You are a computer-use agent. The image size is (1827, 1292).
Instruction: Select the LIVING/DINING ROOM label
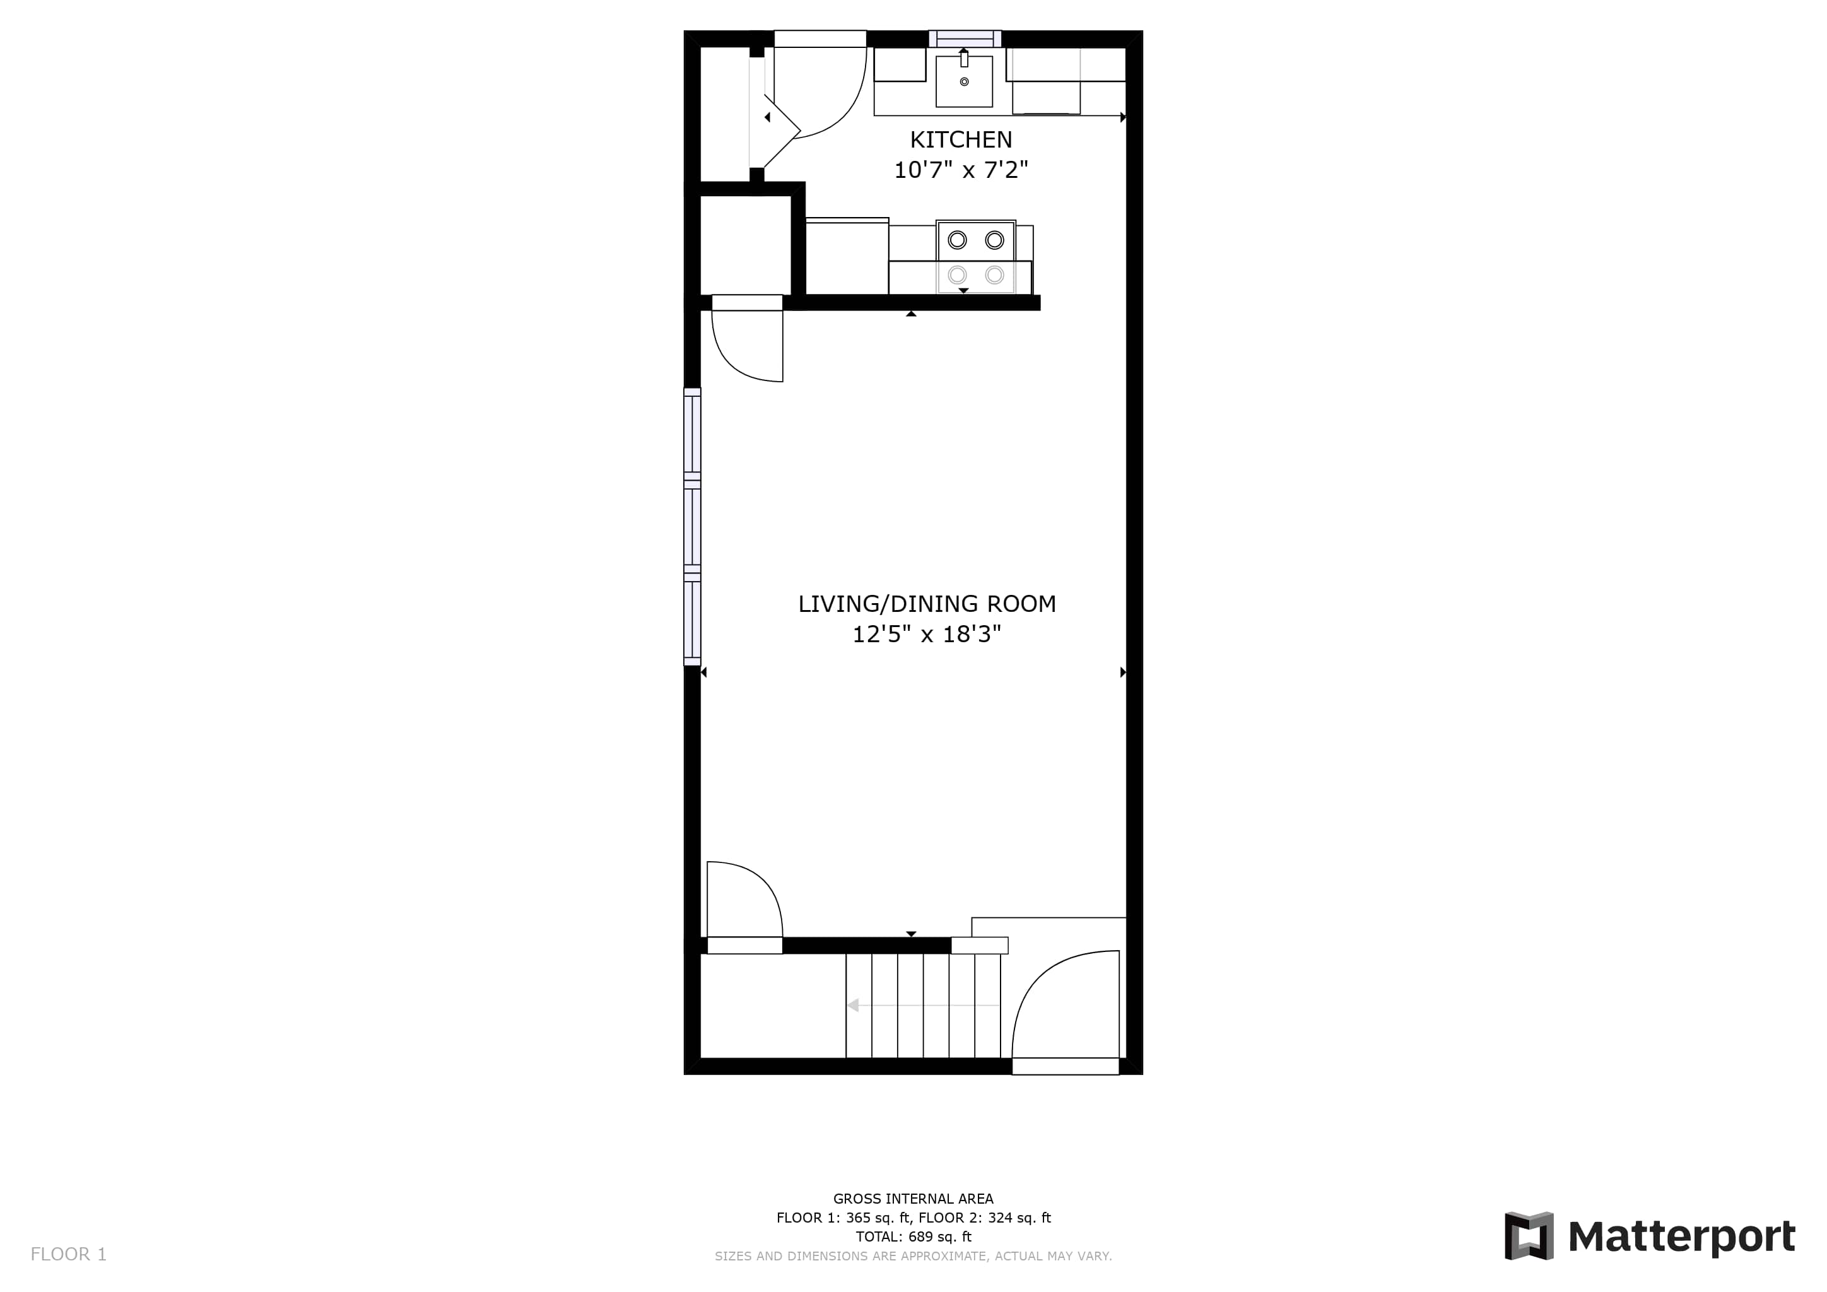coord(927,604)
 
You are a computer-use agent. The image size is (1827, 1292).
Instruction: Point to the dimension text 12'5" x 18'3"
coord(926,634)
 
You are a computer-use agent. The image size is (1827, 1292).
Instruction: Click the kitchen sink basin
coord(963,81)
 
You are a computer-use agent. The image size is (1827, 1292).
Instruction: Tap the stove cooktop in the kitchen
coord(975,257)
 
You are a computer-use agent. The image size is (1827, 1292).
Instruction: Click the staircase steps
coord(923,1006)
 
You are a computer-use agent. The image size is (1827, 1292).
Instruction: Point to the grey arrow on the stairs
coord(923,1006)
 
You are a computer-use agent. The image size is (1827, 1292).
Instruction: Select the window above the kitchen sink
coord(965,38)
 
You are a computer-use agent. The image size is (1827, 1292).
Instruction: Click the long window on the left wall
coord(692,527)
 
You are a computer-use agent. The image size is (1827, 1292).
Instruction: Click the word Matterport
coord(1681,1237)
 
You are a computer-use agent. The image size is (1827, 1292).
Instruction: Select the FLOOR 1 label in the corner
coord(68,1255)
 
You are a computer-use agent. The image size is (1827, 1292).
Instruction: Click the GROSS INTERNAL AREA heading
coord(913,1199)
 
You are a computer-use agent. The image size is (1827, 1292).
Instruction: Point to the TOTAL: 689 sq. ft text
coord(913,1237)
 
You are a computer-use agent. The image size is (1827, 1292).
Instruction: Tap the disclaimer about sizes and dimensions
coord(913,1256)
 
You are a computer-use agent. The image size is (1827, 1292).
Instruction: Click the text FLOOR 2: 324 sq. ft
coord(984,1218)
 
